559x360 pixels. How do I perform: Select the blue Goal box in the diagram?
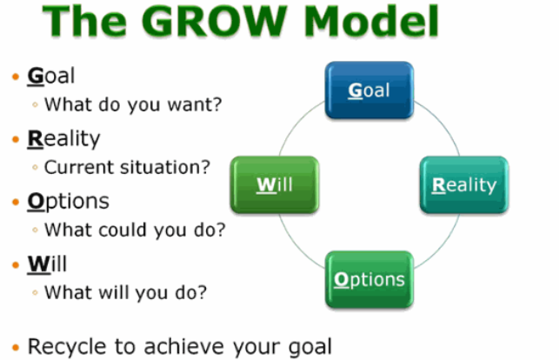coord(369,90)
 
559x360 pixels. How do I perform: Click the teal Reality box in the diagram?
coord(464,184)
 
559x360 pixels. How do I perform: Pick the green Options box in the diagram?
coord(369,279)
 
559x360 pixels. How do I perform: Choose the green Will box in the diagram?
coord(271,184)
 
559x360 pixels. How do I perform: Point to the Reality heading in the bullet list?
coord(63,137)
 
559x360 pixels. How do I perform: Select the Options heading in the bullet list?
coord(68,201)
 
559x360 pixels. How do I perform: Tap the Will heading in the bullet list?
coord(47,263)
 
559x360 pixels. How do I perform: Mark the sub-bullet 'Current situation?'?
coord(127,168)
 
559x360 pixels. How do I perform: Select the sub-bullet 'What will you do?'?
coord(125,293)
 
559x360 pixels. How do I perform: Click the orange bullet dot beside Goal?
coord(15,76)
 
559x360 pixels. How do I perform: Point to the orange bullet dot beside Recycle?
coord(15,345)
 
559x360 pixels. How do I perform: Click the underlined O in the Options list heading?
coord(36,201)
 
